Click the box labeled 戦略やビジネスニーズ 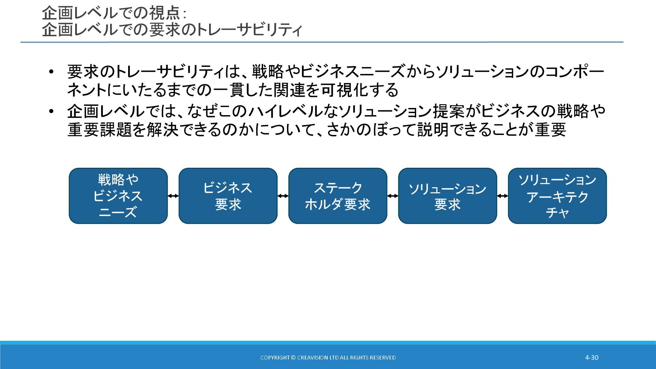click(x=118, y=196)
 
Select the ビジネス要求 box click(x=228, y=196)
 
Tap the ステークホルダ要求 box click(x=338, y=196)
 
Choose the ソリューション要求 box click(x=447, y=196)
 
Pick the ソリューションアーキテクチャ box click(x=557, y=196)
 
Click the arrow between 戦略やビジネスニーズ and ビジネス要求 click(x=173, y=196)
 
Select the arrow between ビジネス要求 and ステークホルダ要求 click(x=283, y=196)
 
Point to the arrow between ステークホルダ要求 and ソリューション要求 click(x=393, y=196)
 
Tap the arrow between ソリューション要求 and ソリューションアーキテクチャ click(x=502, y=196)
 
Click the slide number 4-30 click(x=592, y=358)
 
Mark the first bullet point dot click(x=51, y=72)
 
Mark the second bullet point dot click(x=51, y=111)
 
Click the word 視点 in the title click(x=164, y=13)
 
